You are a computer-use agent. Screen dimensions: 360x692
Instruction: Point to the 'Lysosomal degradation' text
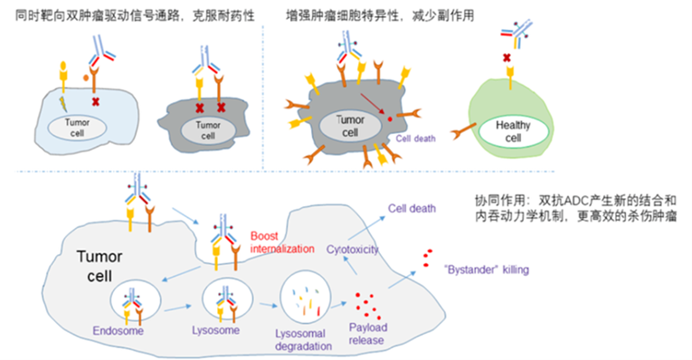[x=303, y=338]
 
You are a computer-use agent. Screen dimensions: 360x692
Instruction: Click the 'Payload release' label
[x=367, y=334]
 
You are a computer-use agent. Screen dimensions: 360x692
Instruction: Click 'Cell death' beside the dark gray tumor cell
[x=418, y=138]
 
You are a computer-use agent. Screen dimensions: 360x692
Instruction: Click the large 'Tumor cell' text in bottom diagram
[x=102, y=264]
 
